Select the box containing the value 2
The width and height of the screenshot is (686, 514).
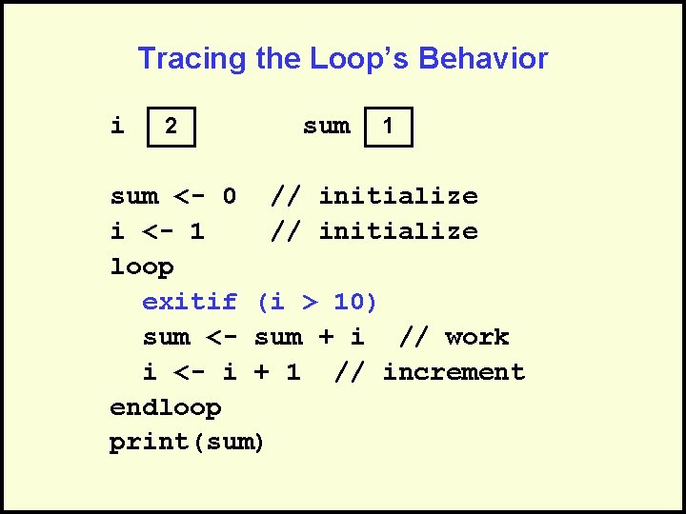[171, 127]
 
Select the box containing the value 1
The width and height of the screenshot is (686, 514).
[389, 127]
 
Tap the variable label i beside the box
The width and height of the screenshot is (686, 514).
[117, 126]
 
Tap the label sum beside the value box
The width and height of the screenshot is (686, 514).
[326, 126]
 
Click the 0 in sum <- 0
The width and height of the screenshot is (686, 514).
[229, 197]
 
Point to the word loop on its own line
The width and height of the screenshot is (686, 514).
[142, 267]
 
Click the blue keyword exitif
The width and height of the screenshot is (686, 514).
[189, 303]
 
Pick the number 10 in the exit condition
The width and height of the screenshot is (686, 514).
[349, 303]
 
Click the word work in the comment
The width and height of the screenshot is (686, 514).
[476, 338]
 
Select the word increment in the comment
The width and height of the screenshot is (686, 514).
[454, 372]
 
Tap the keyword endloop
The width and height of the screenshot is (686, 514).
[166, 408]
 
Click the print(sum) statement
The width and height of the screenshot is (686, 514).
[187, 444]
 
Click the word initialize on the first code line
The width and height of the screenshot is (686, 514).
[397, 197]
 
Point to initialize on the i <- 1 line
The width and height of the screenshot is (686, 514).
[397, 231]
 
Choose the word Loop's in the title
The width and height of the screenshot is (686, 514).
[361, 59]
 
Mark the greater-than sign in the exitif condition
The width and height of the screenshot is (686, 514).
[309, 303]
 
